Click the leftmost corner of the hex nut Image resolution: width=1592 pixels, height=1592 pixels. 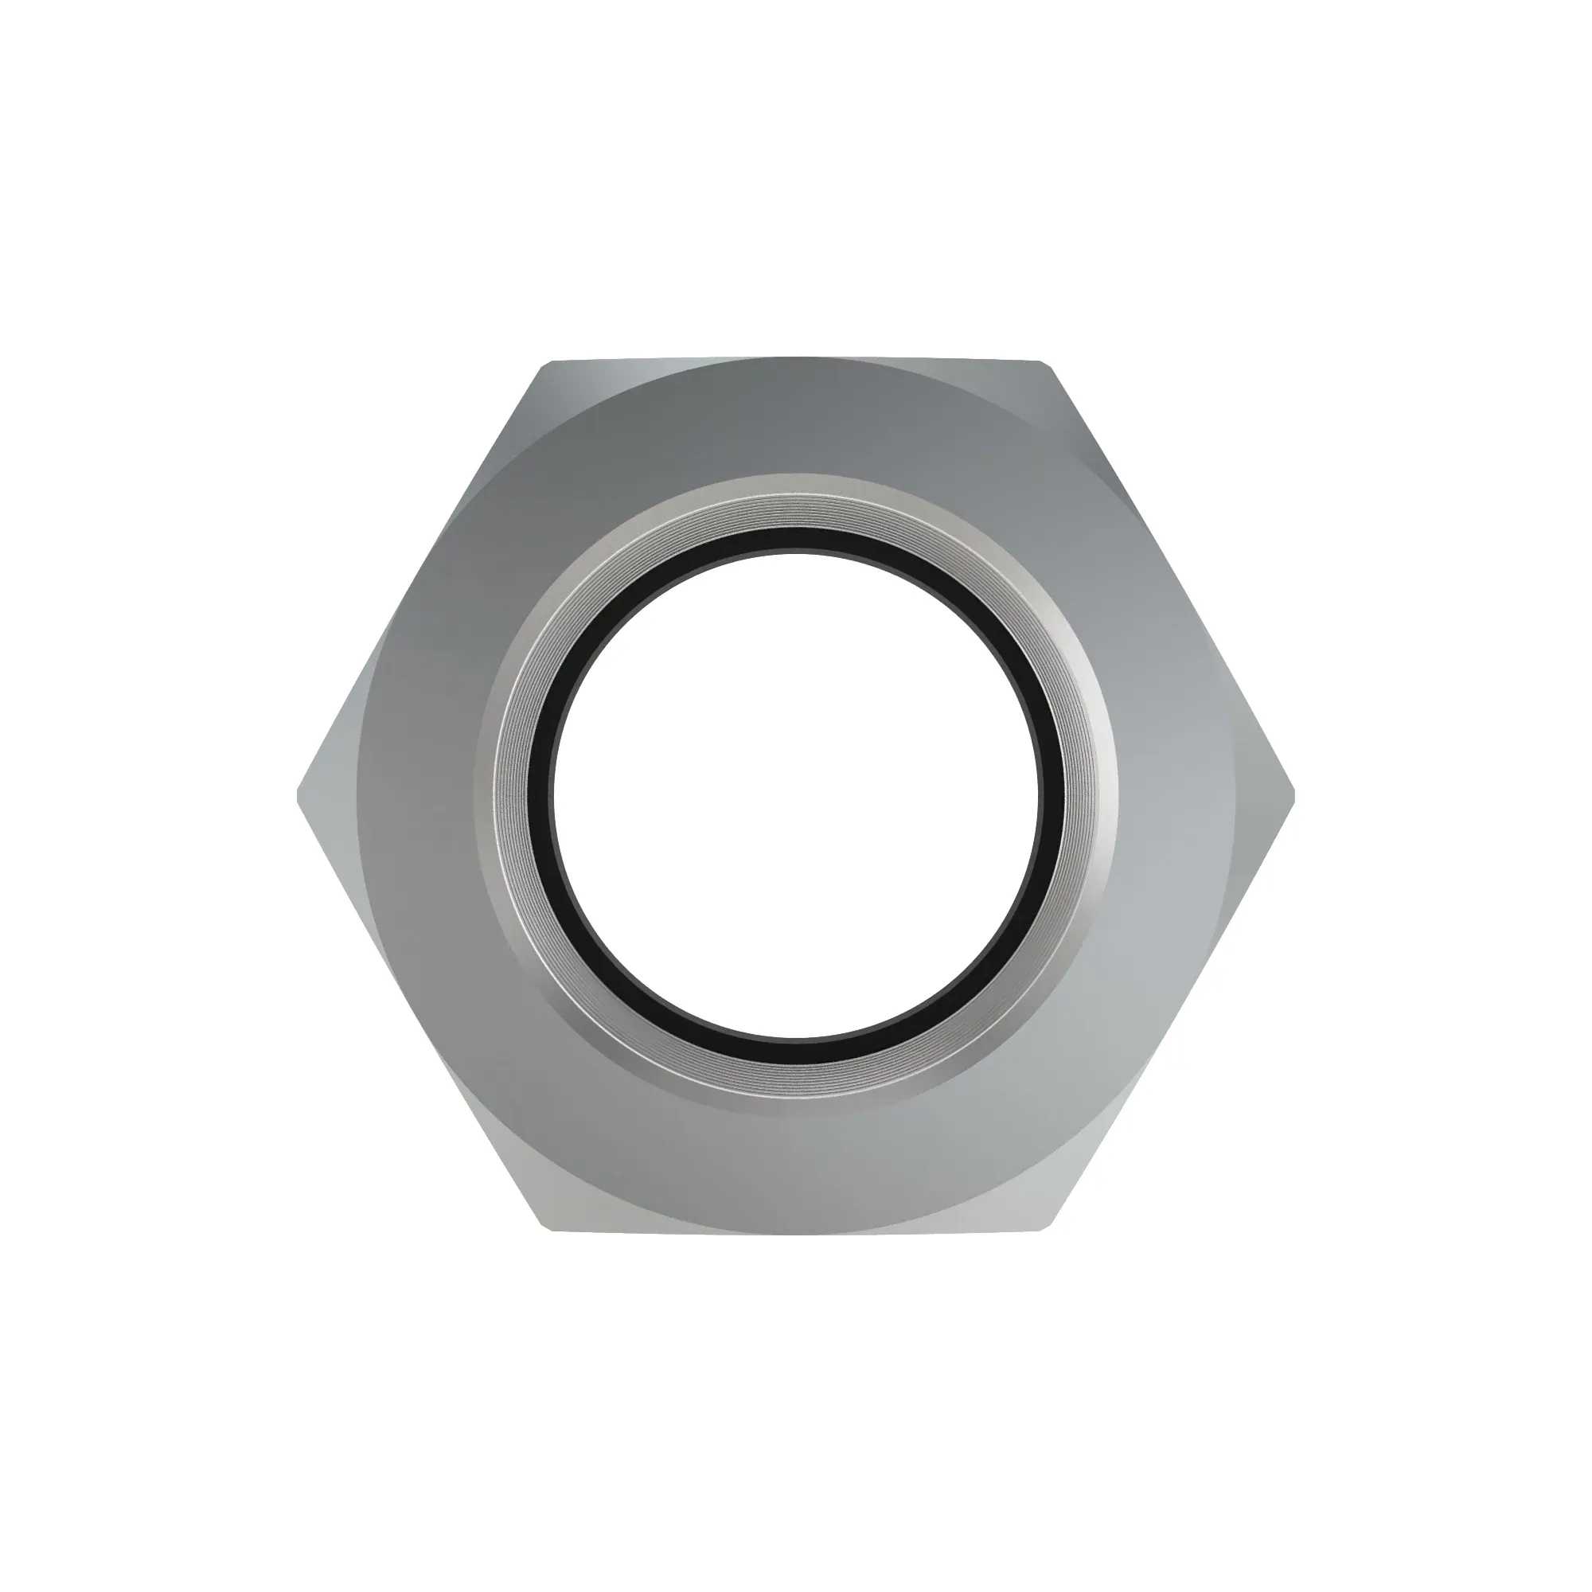click(298, 796)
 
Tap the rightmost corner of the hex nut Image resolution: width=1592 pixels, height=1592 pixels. click(1294, 796)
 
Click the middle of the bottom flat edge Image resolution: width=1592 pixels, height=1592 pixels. click(796, 1233)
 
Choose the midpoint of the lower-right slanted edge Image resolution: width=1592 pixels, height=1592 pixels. click(1170, 1014)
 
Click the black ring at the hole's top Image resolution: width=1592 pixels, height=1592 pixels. click(794, 540)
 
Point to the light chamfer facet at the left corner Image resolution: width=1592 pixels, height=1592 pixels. click(330, 796)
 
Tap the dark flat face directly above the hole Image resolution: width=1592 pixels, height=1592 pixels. click(794, 420)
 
